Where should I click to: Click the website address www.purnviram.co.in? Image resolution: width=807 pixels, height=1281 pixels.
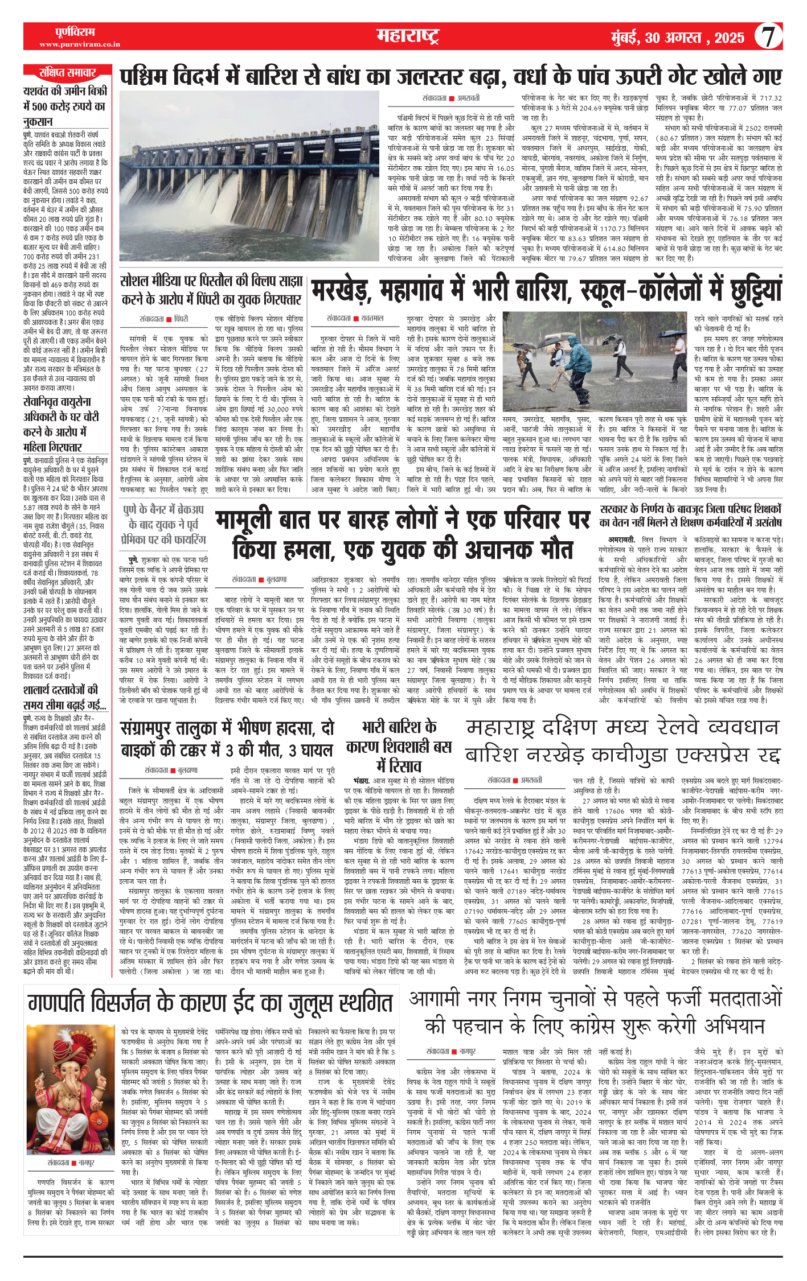80,44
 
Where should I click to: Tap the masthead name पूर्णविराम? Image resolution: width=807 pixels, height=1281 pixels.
75,32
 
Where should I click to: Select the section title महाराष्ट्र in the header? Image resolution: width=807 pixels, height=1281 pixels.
408,36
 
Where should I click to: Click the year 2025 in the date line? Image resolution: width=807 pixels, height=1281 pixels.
729,38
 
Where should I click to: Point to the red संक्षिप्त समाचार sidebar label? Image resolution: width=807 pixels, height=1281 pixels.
67,73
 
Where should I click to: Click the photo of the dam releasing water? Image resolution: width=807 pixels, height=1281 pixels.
249,175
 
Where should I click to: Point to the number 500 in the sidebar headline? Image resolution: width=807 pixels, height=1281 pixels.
40,106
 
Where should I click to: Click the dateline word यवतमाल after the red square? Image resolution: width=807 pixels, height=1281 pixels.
372,318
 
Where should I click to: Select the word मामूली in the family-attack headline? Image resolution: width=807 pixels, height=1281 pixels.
256,520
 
